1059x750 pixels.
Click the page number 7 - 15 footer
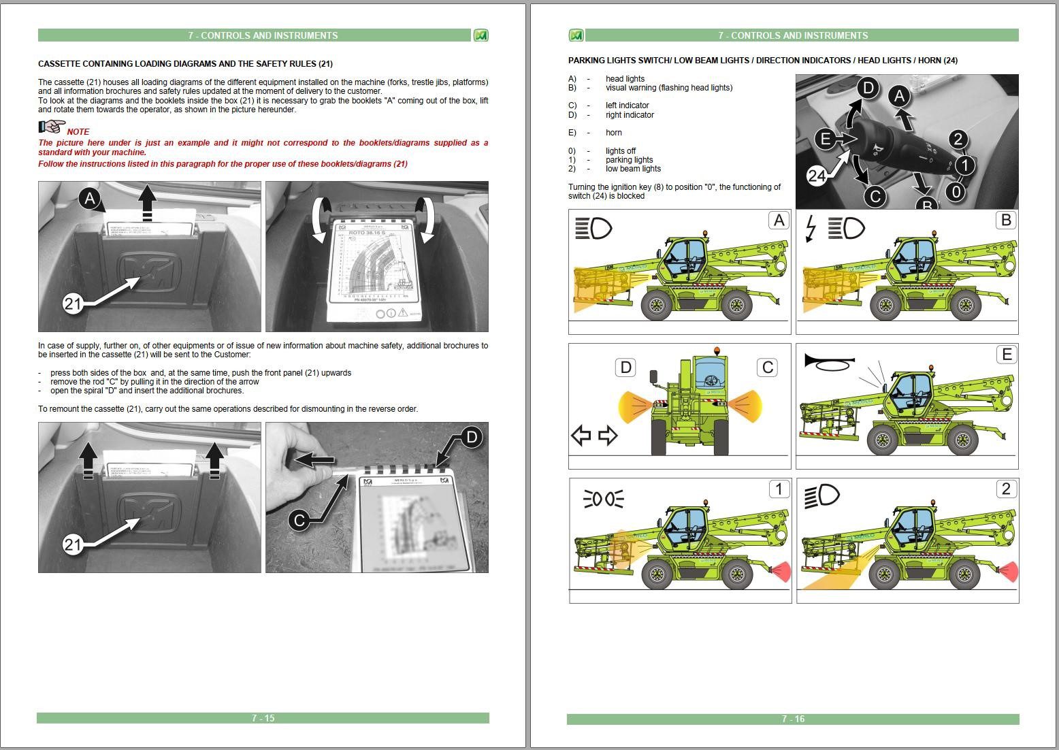263,718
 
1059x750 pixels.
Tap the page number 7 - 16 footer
793,719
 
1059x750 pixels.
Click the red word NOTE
78,131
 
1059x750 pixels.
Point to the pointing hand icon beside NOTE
51,127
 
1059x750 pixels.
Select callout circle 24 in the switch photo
817,176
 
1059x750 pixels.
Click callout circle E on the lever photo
825,140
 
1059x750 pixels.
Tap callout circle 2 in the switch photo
958,140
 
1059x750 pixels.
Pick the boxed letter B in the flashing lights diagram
1006,221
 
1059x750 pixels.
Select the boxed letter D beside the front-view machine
625,368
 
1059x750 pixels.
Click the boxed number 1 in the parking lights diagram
779,489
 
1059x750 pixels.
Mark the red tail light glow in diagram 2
1009,571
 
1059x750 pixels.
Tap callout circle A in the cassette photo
90,199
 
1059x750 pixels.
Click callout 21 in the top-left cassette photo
74,304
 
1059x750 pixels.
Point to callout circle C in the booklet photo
299,521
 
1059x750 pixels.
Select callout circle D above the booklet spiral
471,437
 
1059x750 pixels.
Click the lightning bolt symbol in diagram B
811,228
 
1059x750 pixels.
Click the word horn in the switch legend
613,133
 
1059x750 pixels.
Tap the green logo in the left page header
480,35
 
